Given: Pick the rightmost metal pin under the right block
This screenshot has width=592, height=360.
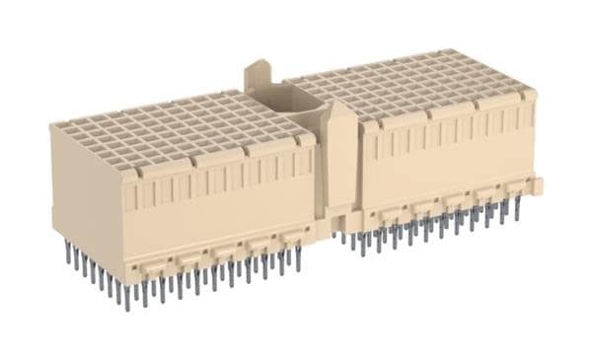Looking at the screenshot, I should [517, 207].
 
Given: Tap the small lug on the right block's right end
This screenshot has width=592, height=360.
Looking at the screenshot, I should [538, 185].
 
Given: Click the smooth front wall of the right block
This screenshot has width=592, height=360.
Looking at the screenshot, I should [444, 168].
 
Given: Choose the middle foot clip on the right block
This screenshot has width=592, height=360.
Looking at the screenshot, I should [455, 201].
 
